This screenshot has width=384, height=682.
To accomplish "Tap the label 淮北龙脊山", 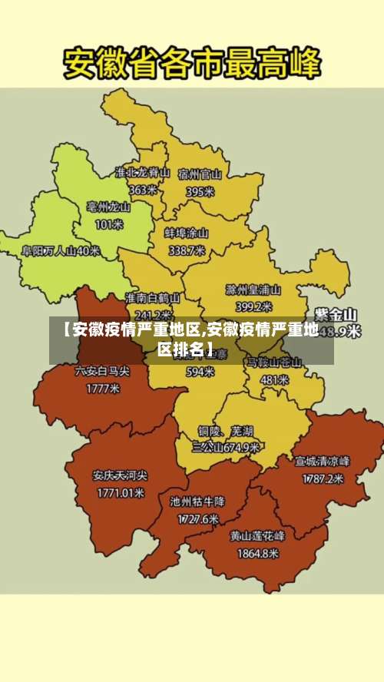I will coord(142,173).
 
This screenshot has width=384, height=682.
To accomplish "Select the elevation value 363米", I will coord(143,190).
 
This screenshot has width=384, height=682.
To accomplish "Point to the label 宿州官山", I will coord(200,174).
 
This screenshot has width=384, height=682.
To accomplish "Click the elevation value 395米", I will coord(200,191).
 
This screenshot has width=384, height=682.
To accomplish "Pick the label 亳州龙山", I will coord(108,207).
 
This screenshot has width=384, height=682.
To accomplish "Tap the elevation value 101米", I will coord(108,224).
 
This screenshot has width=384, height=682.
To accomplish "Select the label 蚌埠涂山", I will coord(187,233).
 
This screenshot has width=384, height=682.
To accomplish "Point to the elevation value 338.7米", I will coord(187,250).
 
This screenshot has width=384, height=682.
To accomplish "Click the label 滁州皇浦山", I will coord(253,290).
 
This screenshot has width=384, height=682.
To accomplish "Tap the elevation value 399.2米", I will coord(253,306).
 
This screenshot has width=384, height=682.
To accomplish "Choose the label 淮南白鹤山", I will coord(153,297).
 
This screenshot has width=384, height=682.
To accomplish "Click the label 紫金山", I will coord(336,314).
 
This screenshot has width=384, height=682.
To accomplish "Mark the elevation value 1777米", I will coord(102,389).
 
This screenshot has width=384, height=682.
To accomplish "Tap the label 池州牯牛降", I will coord(197,502).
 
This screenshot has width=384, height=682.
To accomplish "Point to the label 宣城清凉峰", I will coord(323,462).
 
